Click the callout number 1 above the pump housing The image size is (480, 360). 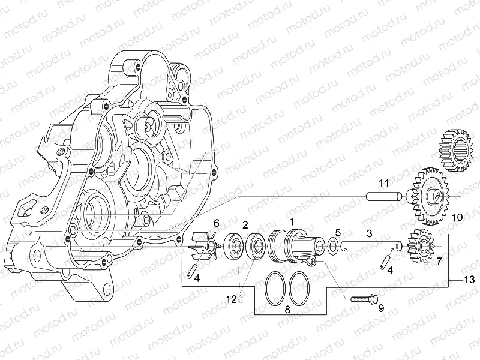click(292, 221)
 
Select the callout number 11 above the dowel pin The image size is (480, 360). click(383, 182)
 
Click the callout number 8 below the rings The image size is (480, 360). click(287, 310)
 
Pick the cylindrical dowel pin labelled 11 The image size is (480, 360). click(384, 196)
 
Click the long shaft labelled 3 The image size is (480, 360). click(368, 245)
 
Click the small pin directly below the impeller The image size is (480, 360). click(190, 271)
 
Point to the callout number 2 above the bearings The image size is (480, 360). click(245, 224)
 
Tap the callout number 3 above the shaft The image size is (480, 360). click(370, 232)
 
